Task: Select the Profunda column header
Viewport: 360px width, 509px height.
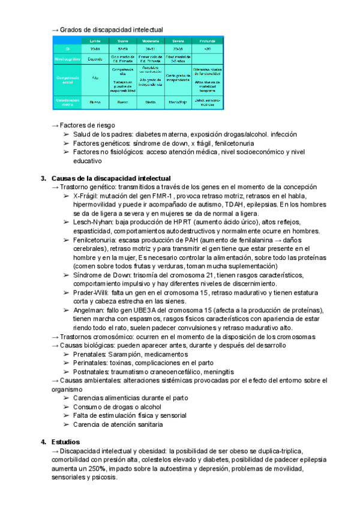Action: [208, 40]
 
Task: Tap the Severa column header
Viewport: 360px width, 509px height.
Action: [178, 40]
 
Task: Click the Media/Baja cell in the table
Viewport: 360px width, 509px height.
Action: [178, 103]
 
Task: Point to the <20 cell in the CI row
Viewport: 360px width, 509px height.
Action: [208, 49]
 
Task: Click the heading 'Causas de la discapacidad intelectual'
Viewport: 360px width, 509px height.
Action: [111, 178]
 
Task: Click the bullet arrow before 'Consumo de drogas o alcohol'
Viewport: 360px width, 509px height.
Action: [65, 407]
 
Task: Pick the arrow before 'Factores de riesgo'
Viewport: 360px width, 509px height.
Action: [55, 125]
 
